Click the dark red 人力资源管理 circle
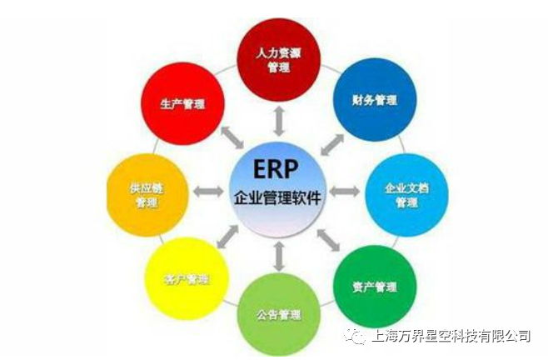click(x=278, y=60)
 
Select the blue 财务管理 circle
click(x=375, y=100)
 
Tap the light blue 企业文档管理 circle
click(x=406, y=195)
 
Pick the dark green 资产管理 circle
click(x=375, y=287)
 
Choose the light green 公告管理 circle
click(x=278, y=315)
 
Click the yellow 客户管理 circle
click(x=187, y=279)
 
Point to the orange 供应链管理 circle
click(x=147, y=195)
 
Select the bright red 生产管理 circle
click(x=182, y=104)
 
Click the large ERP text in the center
click(x=276, y=169)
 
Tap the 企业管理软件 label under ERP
click(x=277, y=197)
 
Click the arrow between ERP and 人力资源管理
click(x=279, y=122)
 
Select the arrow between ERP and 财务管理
click(x=332, y=145)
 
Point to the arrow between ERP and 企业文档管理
click(x=345, y=192)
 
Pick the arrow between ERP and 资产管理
click(x=328, y=240)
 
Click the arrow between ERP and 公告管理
click(x=278, y=256)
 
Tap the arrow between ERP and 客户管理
click(x=227, y=237)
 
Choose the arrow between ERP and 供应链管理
click(x=209, y=192)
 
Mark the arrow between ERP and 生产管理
click(x=232, y=137)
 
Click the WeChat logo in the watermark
click(x=355, y=336)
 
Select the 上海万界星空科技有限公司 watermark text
click(x=451, y=336)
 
